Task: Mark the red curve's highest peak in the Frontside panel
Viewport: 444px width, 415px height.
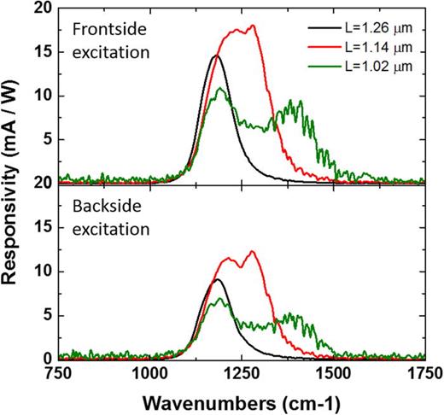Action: pos(252,26)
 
